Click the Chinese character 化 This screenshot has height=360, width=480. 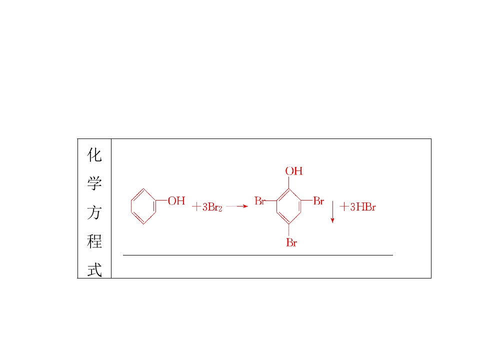point(94,154)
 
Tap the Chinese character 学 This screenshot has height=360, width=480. point(94,183)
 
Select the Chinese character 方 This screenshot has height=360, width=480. point(94,212)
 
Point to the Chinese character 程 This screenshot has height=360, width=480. point(94,241)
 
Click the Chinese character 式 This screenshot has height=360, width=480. point(94,269)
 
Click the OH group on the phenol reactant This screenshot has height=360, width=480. point(176,201)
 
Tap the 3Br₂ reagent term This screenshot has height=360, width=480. point(212,207)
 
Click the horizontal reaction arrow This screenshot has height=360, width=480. point(237,206)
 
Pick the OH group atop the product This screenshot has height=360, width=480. point(294,171)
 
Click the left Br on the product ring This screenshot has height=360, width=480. point(259,201)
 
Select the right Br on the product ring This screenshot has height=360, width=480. point(318,201)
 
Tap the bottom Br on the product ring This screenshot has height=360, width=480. point(291,243)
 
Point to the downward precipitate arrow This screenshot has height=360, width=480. point(332,212)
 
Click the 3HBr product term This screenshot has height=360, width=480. point(363,207)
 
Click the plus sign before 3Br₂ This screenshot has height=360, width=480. point(196,207)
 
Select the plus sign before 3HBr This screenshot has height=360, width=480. point(344,207)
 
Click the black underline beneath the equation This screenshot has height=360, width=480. point(258,255)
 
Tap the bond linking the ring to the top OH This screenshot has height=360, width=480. point(289,182)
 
